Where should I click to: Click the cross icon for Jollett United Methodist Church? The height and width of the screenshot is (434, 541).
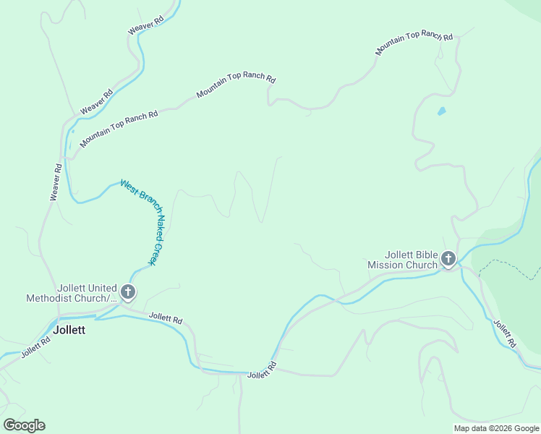point(128,292)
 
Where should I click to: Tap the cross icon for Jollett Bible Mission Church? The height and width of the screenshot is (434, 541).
point(448,258)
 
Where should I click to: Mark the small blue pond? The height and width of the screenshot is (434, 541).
point(441,111)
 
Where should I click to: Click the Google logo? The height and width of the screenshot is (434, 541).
point(24,425)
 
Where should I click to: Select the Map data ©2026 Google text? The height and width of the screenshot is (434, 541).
point(496,428)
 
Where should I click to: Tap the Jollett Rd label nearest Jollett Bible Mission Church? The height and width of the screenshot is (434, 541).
point(506,333)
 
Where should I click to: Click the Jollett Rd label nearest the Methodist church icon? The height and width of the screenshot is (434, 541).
point(166,318)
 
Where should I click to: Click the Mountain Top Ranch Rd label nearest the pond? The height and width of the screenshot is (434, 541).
point(414,43)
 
